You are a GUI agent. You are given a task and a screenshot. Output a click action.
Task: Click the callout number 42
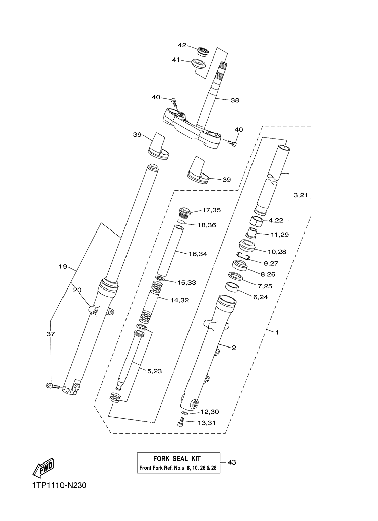tap(182, 45)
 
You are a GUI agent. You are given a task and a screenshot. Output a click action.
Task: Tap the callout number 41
tap(176, 60)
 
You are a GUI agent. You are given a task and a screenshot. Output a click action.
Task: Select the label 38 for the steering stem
tap(235, 100)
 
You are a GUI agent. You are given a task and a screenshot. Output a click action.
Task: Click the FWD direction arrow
tap(43, 468)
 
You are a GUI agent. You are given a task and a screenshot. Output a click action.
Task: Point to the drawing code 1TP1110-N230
tap(59, 486)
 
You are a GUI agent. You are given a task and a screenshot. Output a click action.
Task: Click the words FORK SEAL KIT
tap(177, 459)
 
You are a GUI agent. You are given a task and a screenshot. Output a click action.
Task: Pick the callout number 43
tap(232, 462)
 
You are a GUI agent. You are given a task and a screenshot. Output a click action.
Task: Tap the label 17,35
tap(211, 210)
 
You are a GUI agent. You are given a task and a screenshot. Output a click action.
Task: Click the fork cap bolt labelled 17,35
tap(185, 213)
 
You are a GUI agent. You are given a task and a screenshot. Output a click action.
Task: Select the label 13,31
tap(207, 423)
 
